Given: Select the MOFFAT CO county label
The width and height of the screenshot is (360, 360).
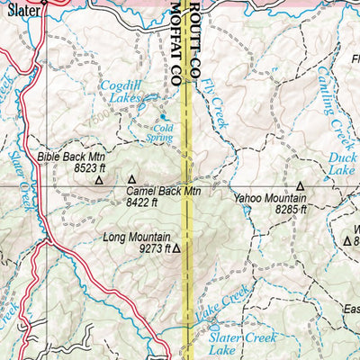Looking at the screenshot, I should (175, 41).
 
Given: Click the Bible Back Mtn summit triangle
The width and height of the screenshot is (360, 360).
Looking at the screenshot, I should (99, 180).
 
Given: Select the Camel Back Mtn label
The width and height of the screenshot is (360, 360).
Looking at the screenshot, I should (163, 192).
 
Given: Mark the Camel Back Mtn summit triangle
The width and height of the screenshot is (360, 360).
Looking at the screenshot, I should (132, 179).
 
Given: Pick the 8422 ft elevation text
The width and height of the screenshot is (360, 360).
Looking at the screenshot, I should (141, 202).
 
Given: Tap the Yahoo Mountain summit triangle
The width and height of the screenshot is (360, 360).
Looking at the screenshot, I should (301, 186).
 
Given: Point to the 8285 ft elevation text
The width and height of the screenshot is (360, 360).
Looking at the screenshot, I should (292, 210).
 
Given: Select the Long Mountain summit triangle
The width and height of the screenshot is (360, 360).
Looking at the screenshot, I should (176, 248).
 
